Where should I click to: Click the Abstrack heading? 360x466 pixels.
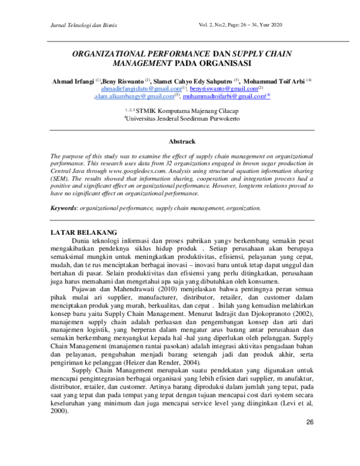tap(181, 142)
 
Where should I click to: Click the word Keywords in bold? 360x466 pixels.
tap(64, 208)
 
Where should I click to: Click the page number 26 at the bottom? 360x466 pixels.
tap(310, 423)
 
